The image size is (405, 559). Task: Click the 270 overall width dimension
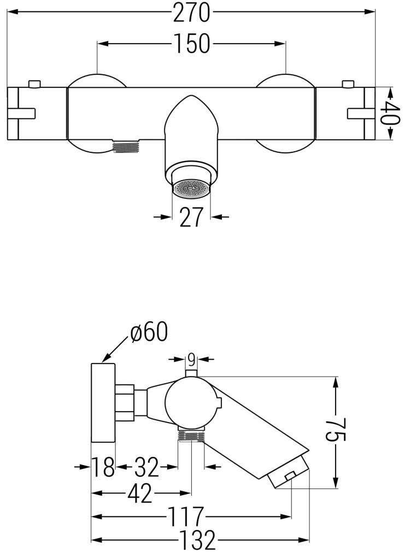pos(191,13)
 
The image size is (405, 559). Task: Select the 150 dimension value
pos(191,44)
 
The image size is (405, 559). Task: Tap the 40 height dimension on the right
pos(391,114)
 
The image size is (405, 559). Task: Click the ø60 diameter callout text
pos(149,332)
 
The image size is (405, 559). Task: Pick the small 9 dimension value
pos(191,359)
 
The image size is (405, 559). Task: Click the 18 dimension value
pos(103,467)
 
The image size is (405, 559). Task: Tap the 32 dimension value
pos(146,467)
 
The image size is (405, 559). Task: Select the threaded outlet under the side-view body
pos(191,436)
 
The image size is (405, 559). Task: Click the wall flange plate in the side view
pos(103,402)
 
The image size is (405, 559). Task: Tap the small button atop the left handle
pos(34,84)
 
